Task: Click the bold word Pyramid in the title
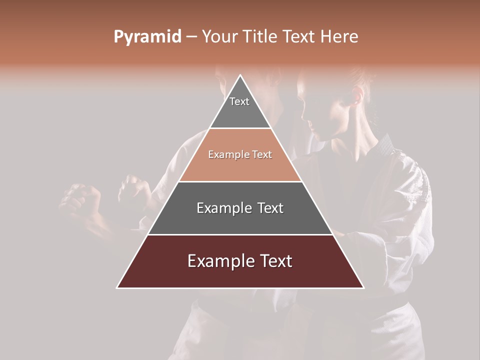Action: [x=147, y=36]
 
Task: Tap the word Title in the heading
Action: [x=261, y=36]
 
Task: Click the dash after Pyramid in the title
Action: [x=191, y=37]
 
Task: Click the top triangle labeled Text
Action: [x=240, y=107]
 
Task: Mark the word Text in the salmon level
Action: [x=262, y=154]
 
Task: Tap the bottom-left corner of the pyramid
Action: [x=117, y=287]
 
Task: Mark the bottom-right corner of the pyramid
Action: [x=363, y=287]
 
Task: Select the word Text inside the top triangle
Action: [x=239, y=101]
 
